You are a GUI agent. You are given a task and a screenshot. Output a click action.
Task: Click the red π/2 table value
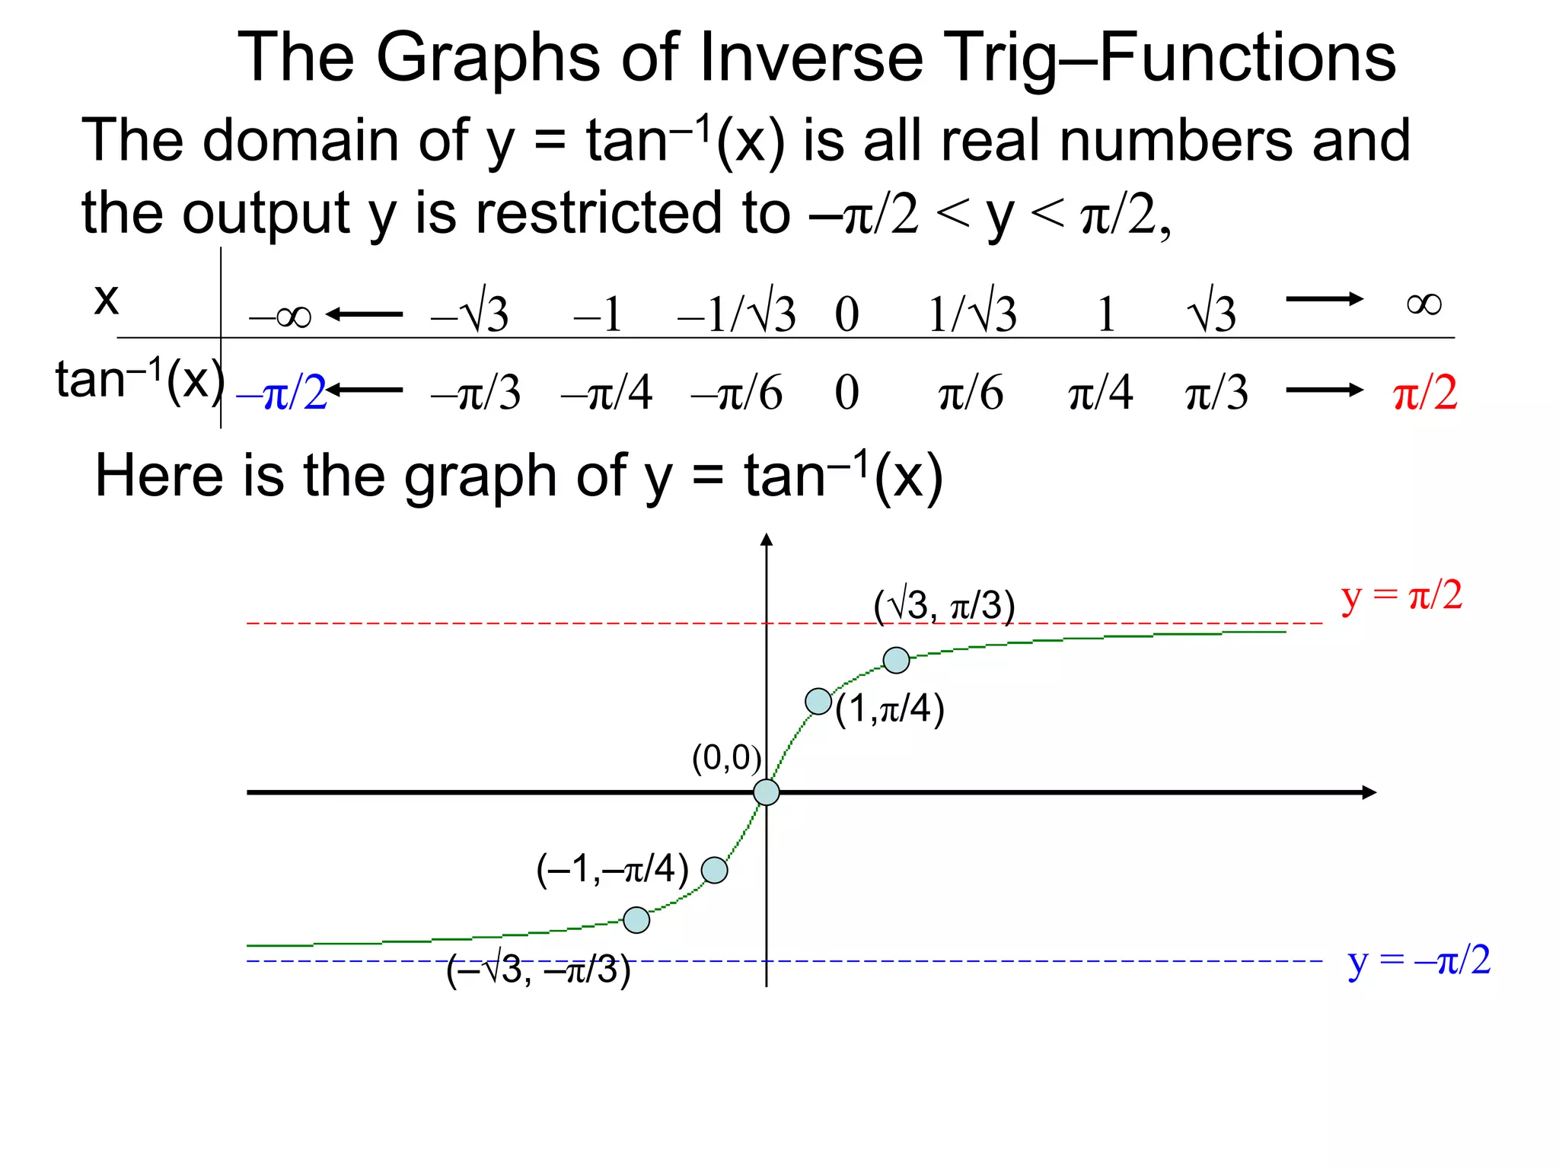(x=1424, y=393)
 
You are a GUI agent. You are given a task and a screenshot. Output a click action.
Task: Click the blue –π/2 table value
(x=282, y=393)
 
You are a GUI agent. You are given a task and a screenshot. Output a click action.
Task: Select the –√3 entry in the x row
(x=470, y=313)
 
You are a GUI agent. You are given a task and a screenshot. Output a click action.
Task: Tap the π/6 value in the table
(x=971, y=393)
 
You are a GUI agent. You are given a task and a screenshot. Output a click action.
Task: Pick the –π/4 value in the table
(x=607, y=393)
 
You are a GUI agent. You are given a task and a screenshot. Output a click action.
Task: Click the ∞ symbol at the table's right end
(x=1424, y=304)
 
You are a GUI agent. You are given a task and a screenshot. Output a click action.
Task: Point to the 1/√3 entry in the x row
(x=972, y=313)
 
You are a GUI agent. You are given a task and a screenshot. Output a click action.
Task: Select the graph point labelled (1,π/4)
(x=818, y=701)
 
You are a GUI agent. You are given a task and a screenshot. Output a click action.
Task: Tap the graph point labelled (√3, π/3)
(x=897, y=660)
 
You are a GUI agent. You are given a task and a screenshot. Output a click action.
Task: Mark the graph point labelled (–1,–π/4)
(x=714, y=870)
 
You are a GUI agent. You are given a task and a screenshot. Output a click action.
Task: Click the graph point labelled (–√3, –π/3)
(x=636, y=920)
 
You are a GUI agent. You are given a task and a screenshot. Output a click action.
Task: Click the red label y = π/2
(x=1401, y=596)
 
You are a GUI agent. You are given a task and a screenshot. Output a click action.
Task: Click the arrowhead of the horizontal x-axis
(x=1369, y=792)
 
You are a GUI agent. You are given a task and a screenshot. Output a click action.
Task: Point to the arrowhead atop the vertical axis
(x=767, y=540)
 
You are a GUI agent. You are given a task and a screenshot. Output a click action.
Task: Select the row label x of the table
(x=107, y=298)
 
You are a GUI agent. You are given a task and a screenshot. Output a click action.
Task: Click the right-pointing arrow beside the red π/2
(x=1325, y=390)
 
